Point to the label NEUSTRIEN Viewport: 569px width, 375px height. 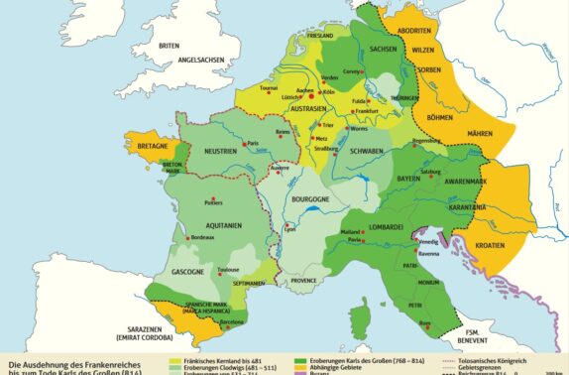221,151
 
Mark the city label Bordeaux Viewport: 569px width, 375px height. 202,238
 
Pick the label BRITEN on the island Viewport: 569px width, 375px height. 170,45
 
